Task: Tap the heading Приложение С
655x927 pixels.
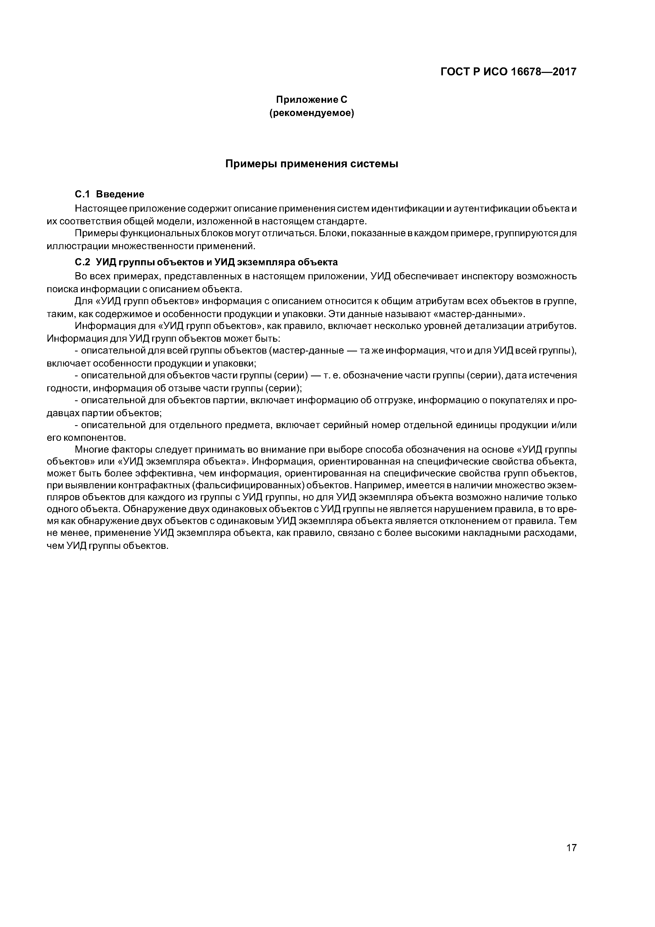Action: point(311,99)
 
